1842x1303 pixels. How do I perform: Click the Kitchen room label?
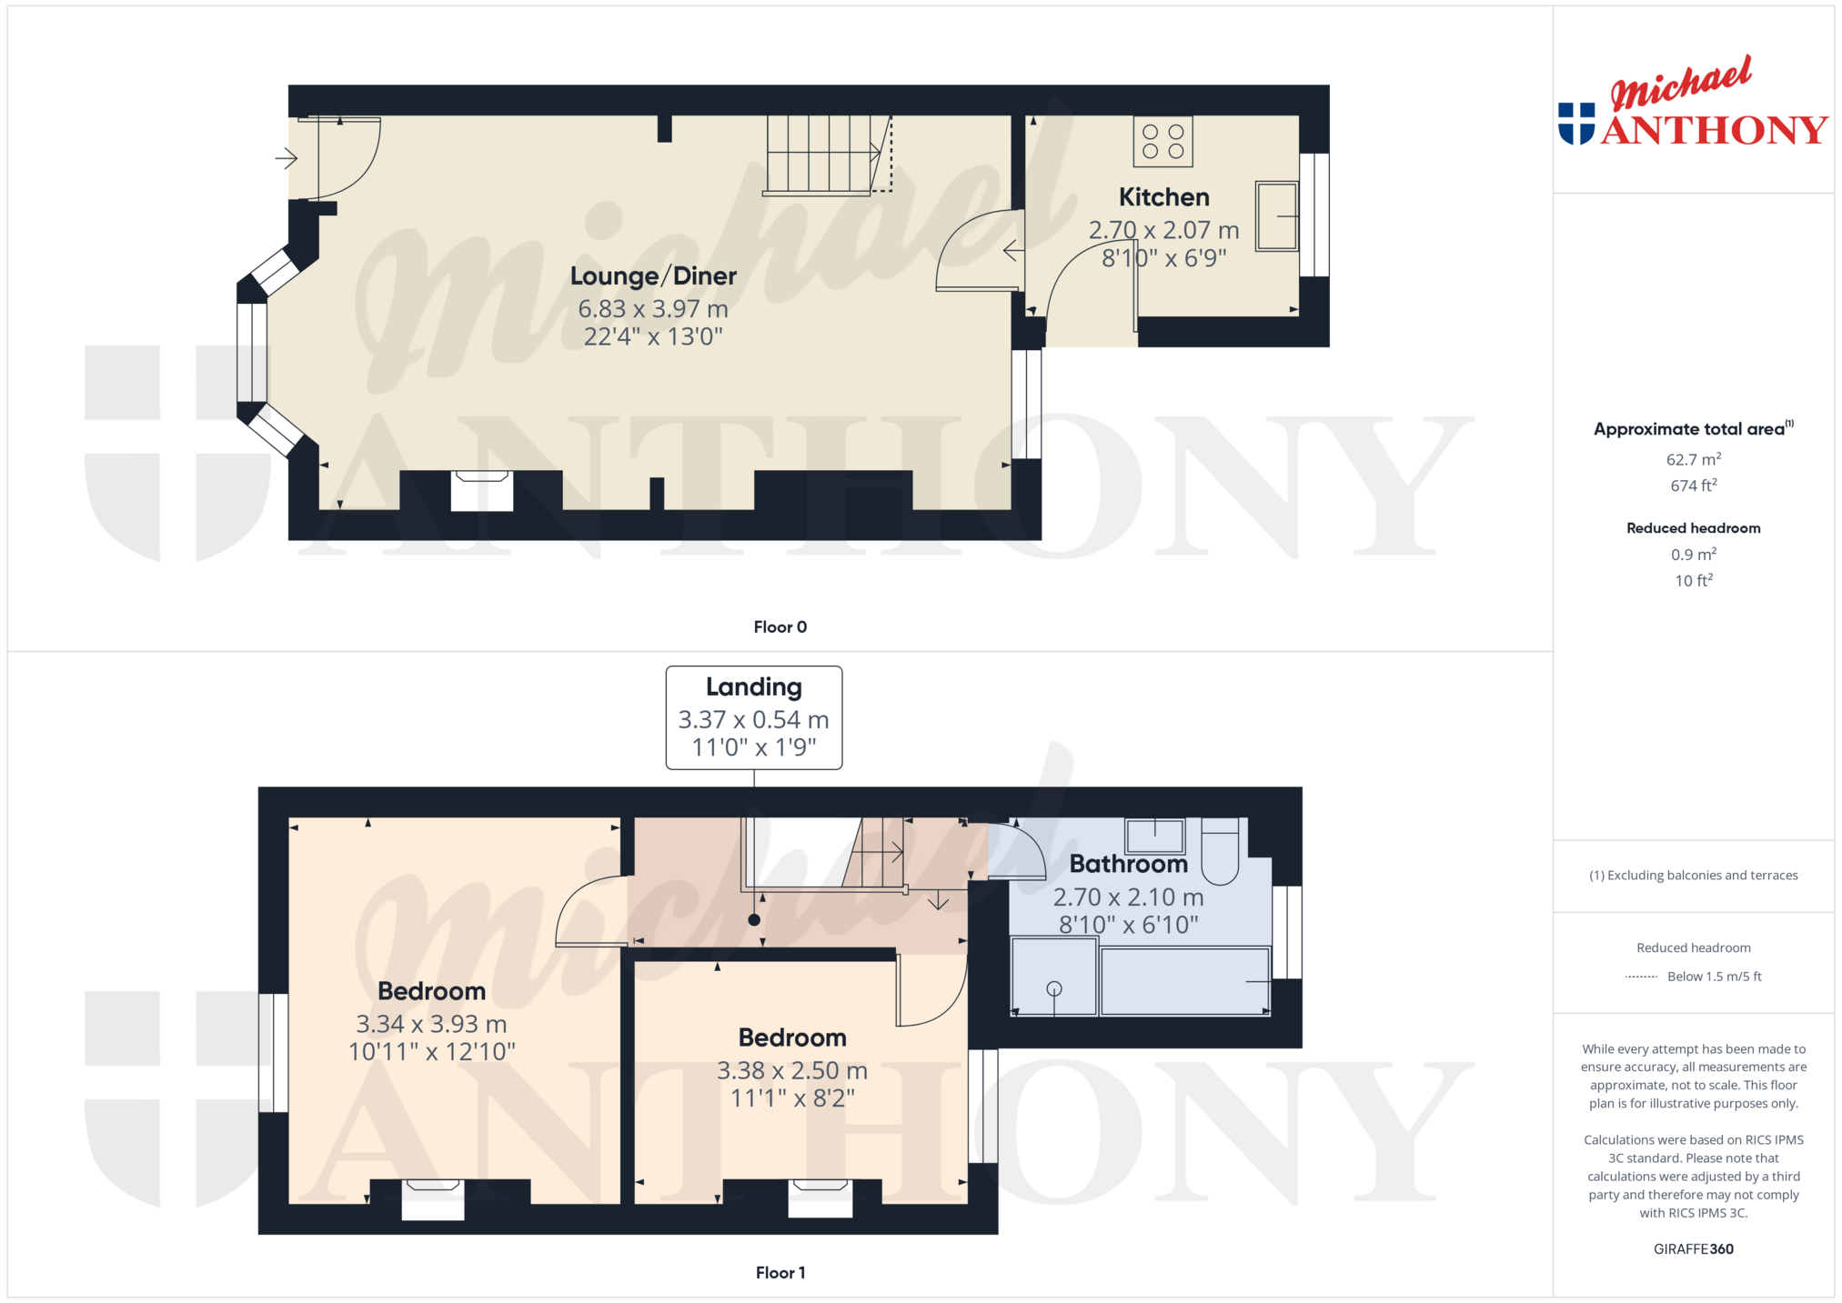(1163, 197)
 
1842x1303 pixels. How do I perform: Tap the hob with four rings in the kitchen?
(1163, 142)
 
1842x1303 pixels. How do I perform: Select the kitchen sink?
(1277, 215)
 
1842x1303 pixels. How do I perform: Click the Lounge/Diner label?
(653, 276)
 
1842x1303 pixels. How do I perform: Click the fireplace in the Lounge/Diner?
(482, 490)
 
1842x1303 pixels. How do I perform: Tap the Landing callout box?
(754, 717)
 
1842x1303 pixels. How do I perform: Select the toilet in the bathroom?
(1220, 850)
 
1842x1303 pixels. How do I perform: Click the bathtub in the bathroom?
(1185, 981)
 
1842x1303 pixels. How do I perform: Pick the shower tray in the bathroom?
(1053, 977)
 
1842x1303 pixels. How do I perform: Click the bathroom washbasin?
(1155, 834)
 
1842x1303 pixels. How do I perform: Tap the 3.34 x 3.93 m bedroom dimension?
(431, 1024)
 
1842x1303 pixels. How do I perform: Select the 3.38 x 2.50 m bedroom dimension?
(792, 1070)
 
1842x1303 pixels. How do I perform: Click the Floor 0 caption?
(780, 626)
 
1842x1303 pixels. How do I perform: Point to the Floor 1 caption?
(780, 1272)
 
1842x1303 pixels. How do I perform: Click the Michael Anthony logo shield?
(1576, 124)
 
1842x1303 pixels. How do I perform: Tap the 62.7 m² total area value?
(1694, 459)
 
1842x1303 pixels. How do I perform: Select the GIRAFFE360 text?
(1694, 1248)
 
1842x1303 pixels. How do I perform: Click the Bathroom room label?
(1129, 864)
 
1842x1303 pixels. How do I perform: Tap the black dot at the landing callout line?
(754, 920)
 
